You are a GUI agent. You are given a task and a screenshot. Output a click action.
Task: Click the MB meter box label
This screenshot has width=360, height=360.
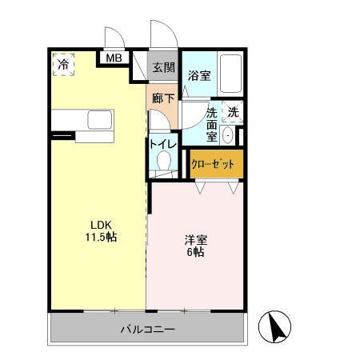(x=114, y=58)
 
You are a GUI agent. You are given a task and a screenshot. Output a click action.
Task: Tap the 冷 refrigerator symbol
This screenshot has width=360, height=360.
(x=63, y=65)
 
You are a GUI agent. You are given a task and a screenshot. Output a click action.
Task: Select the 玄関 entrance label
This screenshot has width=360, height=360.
(x=164, y=68)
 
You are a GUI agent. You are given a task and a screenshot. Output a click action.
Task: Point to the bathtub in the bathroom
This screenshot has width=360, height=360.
(x=230, y=76)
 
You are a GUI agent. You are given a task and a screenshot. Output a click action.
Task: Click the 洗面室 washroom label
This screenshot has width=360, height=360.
(x=212, y=124)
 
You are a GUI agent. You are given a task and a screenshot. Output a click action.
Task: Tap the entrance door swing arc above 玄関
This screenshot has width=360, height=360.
(x=162, y=36)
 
